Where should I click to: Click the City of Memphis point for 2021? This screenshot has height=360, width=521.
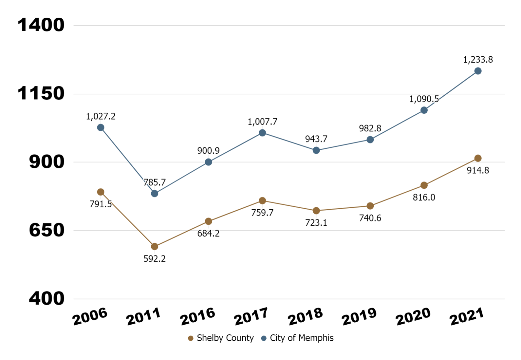478,71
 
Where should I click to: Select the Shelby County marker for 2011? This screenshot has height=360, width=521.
154,246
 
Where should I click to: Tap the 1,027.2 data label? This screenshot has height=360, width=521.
100,116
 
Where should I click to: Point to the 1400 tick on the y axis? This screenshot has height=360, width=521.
41,25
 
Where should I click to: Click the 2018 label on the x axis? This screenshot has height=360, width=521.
305,316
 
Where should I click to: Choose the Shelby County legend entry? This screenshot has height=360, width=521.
221,338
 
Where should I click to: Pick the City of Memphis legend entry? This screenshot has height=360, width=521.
297,338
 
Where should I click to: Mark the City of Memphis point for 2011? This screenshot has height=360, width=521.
154,193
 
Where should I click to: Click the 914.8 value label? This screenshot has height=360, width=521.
478,170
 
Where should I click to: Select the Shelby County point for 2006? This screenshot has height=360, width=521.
100,192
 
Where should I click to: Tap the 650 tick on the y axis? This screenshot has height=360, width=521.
46,230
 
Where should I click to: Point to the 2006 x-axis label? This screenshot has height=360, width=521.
90,316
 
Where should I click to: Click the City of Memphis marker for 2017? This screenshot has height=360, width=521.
262,133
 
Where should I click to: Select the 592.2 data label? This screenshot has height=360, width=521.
154,259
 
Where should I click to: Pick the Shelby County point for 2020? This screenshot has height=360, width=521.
424,185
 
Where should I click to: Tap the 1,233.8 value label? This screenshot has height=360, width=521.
478,60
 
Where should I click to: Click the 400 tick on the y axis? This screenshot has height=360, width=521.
46,299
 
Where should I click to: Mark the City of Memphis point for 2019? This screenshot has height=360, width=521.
370,140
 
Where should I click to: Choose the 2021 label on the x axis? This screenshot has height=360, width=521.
466,316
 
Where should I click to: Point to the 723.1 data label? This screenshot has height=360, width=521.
316,223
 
